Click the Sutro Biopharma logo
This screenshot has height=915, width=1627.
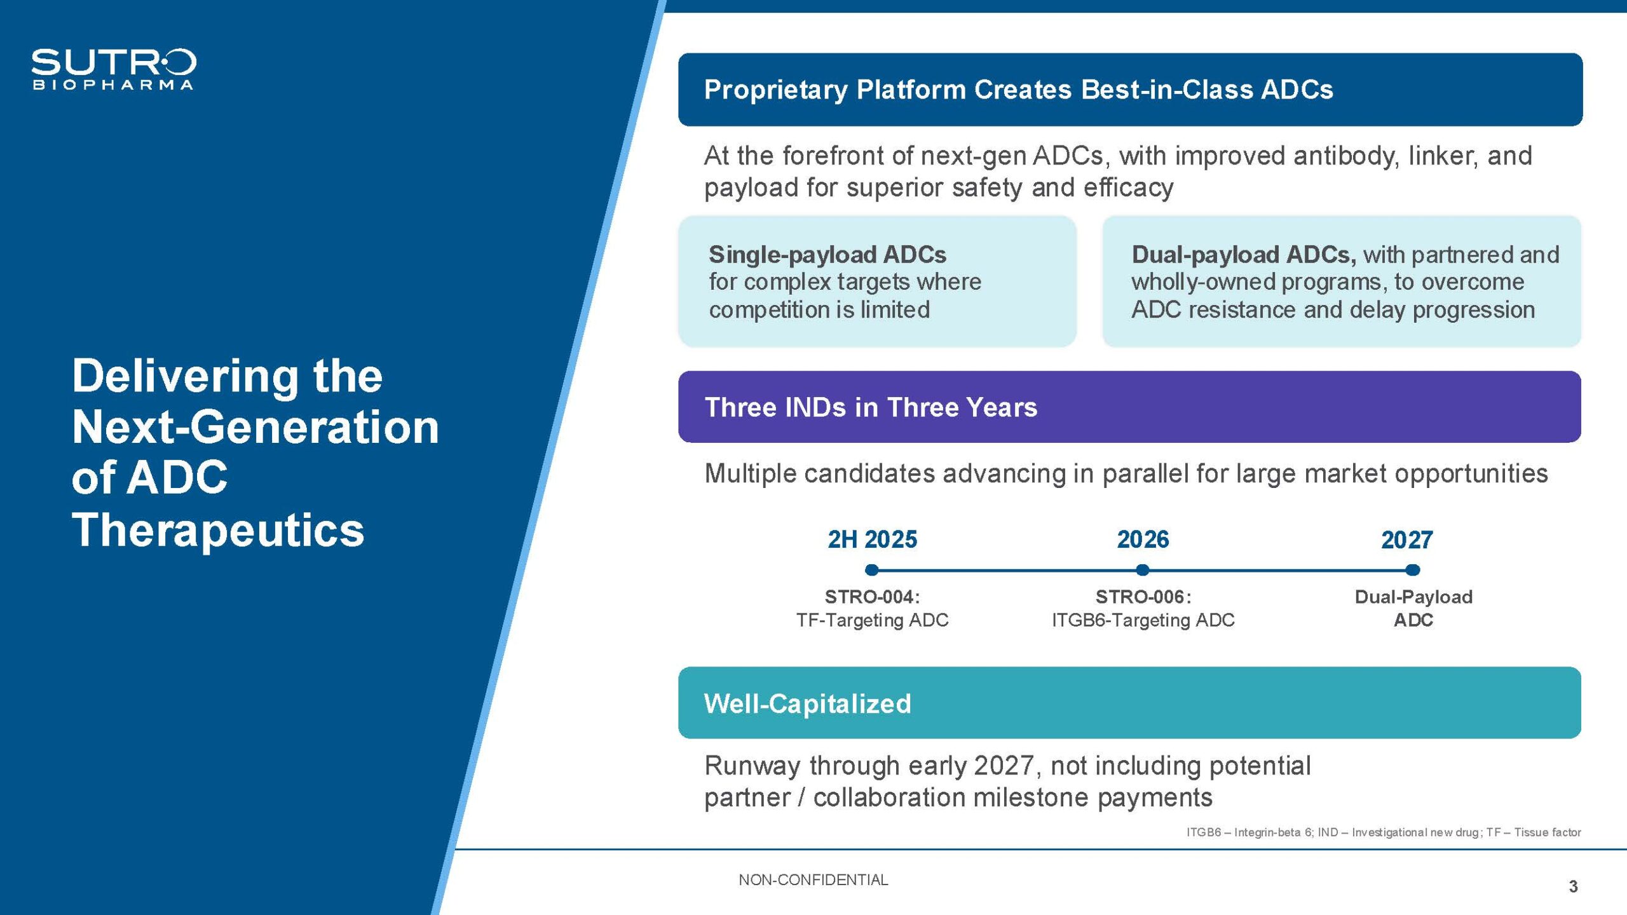pyautogui.click(x=114, y=69)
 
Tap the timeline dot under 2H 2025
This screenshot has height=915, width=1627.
pyautogui.click(x=872, y=570)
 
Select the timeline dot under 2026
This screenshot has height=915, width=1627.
pyautogui.click(x=1142, y=570)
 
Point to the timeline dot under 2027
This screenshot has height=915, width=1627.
pyautogui.click(x=1412, y=570)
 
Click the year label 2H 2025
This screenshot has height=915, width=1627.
pyautogui.click(x=872, y=539)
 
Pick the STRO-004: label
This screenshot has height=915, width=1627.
pyautogui.click(x=872, y=597)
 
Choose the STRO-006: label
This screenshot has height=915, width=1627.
pyautogui.click(x=1143, y=597)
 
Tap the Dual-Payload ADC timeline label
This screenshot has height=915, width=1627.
pyautogui.click(x=1413, y=608)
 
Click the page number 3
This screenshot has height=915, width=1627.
pyautogui.click(x=1573, y=886)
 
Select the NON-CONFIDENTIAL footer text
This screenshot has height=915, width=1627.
pyautogui.click(x=813, y=880)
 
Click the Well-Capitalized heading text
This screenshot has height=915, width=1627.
pyautogui.click(x=807, y=703)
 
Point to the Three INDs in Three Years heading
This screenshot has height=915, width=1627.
pyautogui.click(x=871, y=407)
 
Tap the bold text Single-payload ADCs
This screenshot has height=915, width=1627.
pyautogui.click(x=827, y=255)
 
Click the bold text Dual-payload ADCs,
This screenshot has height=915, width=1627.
pyautogui.click(x=1244, y=255)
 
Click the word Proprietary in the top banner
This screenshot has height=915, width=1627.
pyautogui.click(x=776, y=90)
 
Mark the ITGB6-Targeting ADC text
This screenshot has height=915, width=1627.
pyautogui.click(x=1143, y=620)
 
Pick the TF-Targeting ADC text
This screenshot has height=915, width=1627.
pyautogui.click(x=872, y=620)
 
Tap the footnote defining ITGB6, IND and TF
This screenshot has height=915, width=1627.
pyautogui.click(x=1383, y=832)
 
